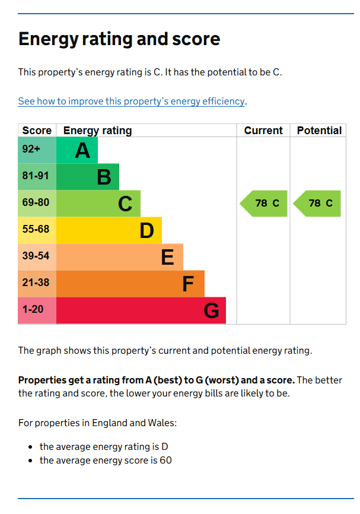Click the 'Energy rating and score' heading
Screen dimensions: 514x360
[x=119, y=39]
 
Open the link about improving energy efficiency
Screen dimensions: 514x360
[x=131, y=101]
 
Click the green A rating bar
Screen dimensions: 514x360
[x=77, y=151]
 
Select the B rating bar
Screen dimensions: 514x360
[x=88, y=177]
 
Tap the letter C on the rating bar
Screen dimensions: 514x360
[x=125, y=204]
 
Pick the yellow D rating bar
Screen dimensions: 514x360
[x=109, y=230]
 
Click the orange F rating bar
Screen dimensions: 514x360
[x=130, y=284]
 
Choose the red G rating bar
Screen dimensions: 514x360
[x=141, y=310]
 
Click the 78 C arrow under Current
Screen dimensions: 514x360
[x=265, y=204]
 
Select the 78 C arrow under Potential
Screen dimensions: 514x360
[x=318, y=204]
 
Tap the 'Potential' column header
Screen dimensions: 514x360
[x=319, y=131]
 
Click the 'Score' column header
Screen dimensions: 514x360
[x=37, y=131]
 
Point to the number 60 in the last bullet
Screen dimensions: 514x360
[x=165, y=461]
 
